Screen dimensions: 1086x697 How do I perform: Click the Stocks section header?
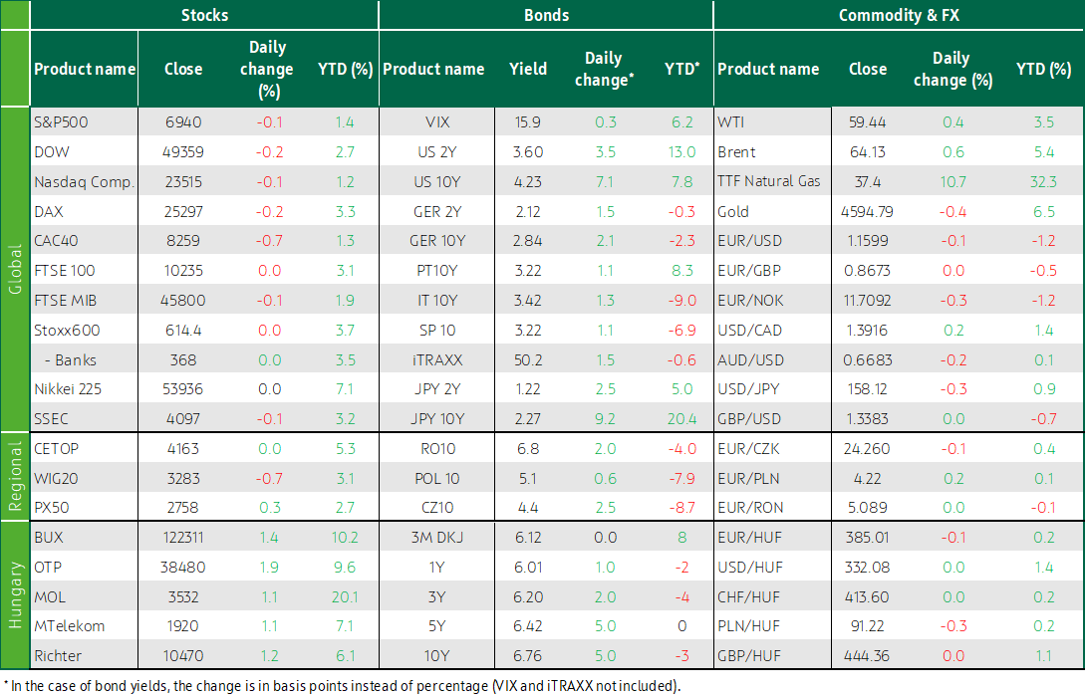click(204, 15)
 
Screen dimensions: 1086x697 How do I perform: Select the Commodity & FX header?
click(899, 15)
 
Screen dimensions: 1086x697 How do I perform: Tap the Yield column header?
click(528, 69)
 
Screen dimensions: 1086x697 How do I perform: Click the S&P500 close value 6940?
click(183, 122)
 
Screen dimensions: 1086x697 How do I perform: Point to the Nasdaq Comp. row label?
click(84, 182)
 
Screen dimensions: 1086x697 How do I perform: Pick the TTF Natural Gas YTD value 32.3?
click(1043, 182)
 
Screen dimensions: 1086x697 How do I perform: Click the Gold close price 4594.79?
click(867, 212)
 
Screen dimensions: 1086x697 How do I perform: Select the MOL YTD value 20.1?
click(344, 596)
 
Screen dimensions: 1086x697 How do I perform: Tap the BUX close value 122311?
click(183, 537)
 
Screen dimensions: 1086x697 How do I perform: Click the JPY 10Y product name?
click(437, 419)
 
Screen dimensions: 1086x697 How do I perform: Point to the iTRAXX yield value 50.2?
click(528, 359)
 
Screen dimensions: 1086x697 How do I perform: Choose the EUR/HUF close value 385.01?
click(867, 537)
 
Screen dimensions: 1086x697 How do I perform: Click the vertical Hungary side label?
click(15, 595)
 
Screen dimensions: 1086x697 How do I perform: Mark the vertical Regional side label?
click(15, 476)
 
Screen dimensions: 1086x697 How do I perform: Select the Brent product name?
click(736, 152)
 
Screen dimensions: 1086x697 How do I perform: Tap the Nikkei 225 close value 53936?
click(183, 389)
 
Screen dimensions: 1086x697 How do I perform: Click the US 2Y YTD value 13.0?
click(681, 152)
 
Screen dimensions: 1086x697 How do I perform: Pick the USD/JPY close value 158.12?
click(867, 389)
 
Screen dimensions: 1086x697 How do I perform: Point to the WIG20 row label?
click(56, 478)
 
